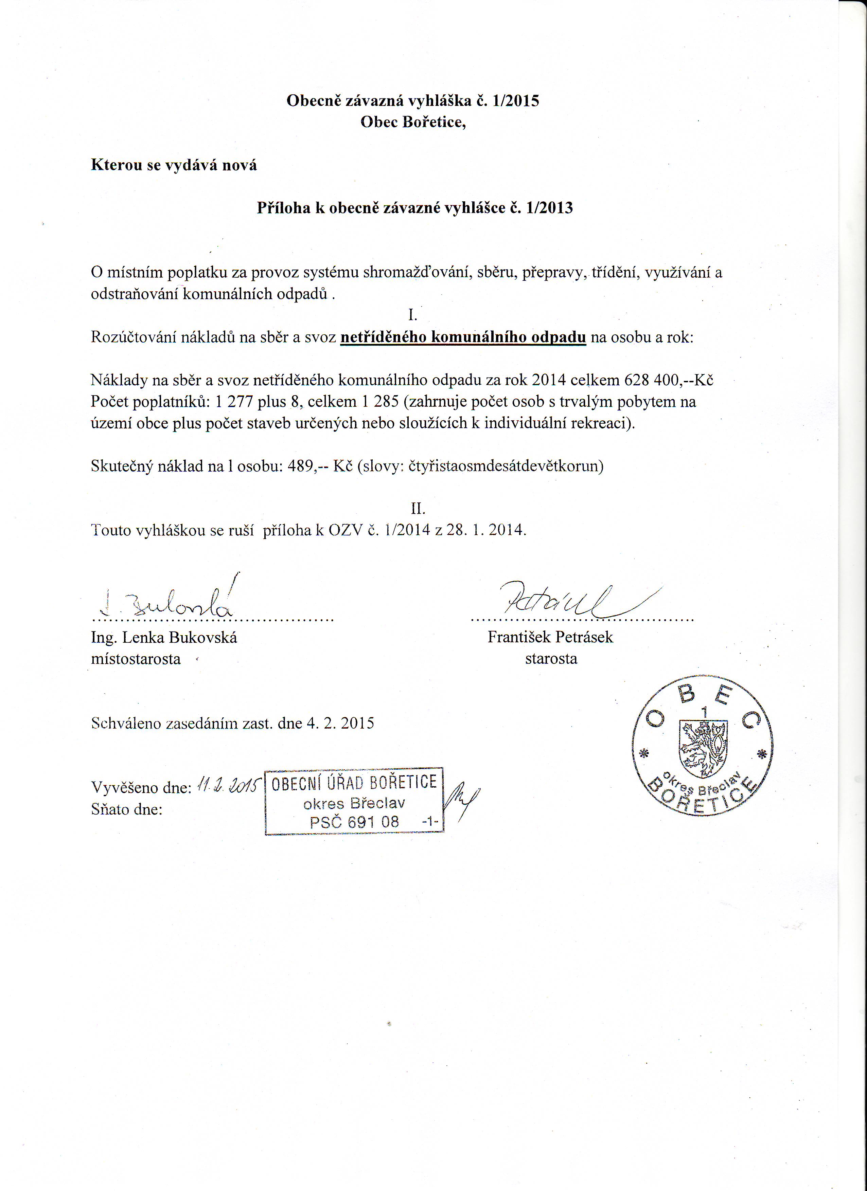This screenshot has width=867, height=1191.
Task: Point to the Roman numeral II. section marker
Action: [x=418, y=508]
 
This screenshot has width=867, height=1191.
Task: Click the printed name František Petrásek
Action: [x=550, y=637]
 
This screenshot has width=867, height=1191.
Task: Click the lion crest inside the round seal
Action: [x=703, y=748]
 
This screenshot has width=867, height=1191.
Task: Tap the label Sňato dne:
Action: [x=127, y=809]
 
